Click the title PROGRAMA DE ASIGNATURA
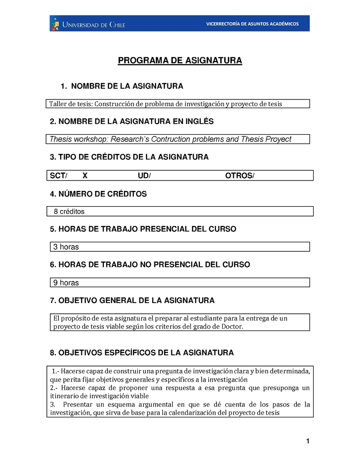[180, 61]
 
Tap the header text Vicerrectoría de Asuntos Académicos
[252, 24]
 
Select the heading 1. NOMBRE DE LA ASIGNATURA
[121, 86]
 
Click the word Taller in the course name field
[58, 104]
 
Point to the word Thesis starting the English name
[60, 139]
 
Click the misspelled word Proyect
[279, 139]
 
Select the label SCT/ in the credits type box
[58, 175]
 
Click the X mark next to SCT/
[85, 175]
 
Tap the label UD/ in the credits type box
[144, 175]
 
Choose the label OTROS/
[239, 175]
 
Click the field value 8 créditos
[69, 211]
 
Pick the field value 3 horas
[66, 247]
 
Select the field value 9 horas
[66, 283]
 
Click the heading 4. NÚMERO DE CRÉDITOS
[99, 194]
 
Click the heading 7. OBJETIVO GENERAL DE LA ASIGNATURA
[132, 300]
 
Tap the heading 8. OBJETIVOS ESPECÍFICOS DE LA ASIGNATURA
[142, 352]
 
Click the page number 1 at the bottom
[308, 442]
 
